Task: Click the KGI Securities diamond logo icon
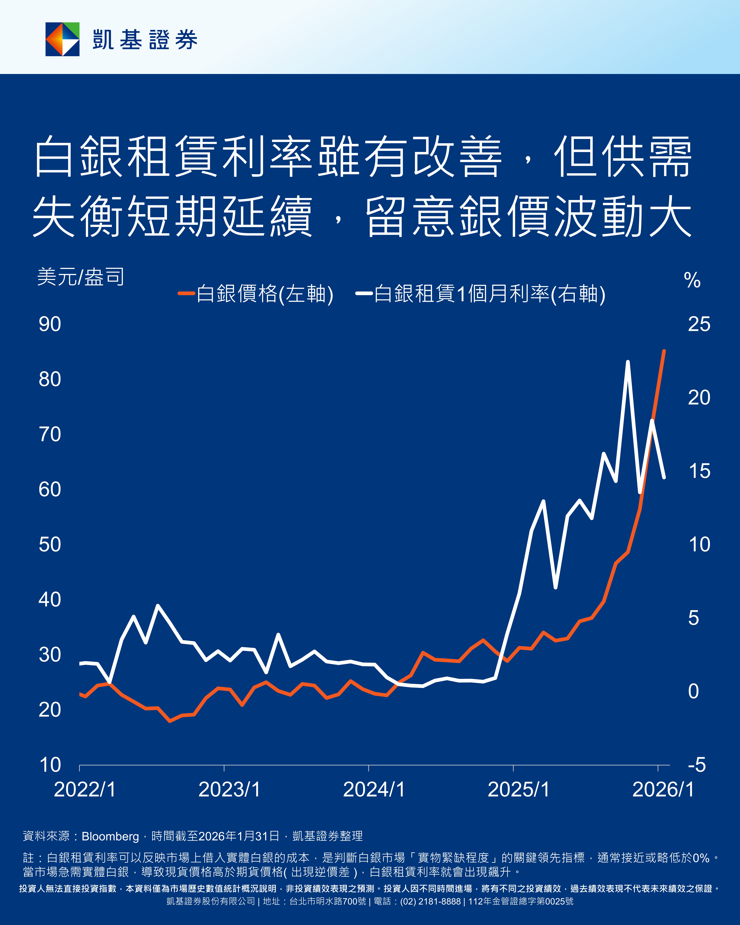[63, 39]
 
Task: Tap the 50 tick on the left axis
[50, 544]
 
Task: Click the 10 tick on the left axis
[50, 765]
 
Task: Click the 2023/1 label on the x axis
[229, 789]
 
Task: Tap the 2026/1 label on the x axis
[663, 789]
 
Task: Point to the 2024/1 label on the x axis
[374, 789]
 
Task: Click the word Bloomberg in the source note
[110, 836]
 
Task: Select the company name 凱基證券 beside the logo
[145, 40]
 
